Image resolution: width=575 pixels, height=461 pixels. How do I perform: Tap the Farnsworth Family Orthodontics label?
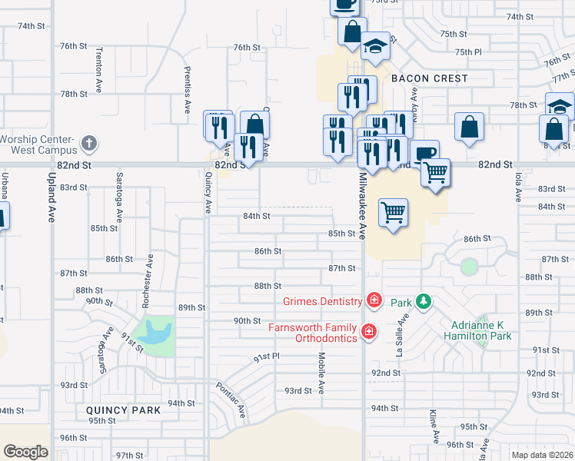tap(312, 333)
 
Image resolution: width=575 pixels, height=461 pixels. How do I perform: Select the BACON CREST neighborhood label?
tap(429, 79)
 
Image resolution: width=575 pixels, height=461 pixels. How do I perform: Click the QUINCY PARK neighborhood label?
tap(124, 410)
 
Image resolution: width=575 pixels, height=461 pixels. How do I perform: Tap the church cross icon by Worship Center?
tap(89, 144)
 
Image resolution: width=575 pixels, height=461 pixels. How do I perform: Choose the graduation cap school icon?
tap(375, 48)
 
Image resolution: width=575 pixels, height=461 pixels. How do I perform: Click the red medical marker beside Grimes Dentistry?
tap(374, 300)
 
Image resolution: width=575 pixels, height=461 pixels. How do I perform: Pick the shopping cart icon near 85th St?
tap(393, 212)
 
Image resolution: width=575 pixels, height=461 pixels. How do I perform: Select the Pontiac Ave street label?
tap(231, 400)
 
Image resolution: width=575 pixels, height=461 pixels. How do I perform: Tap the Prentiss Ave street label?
tap(187, 90)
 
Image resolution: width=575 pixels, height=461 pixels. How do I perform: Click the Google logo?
tap(25, 452)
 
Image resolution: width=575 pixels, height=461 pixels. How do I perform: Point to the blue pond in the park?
tap(158, 333)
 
